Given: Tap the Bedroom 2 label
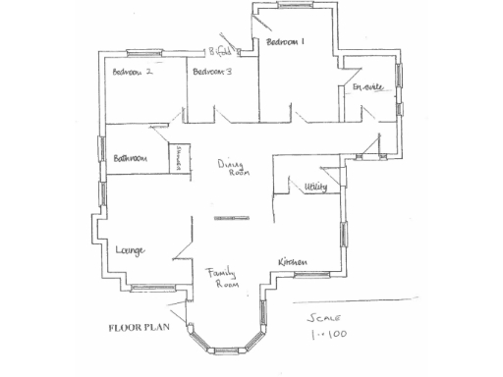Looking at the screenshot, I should (x=133, y=72).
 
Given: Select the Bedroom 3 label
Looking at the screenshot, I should (x=212, y=72).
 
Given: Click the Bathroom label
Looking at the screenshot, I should (x=129, y=157).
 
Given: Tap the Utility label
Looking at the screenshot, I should (x=316, y=186).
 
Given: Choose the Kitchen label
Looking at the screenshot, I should (x=293, y=262).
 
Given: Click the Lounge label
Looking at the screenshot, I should (x=131, y=250).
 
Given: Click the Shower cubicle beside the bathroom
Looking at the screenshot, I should (x=180, y=159).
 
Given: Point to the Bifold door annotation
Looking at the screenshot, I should (x=220, y=50).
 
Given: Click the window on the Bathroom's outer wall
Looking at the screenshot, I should (x=101, y=147).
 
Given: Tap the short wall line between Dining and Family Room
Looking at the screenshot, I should (x=232, y=215).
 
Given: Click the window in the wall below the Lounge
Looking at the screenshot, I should (x=147, y=288).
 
